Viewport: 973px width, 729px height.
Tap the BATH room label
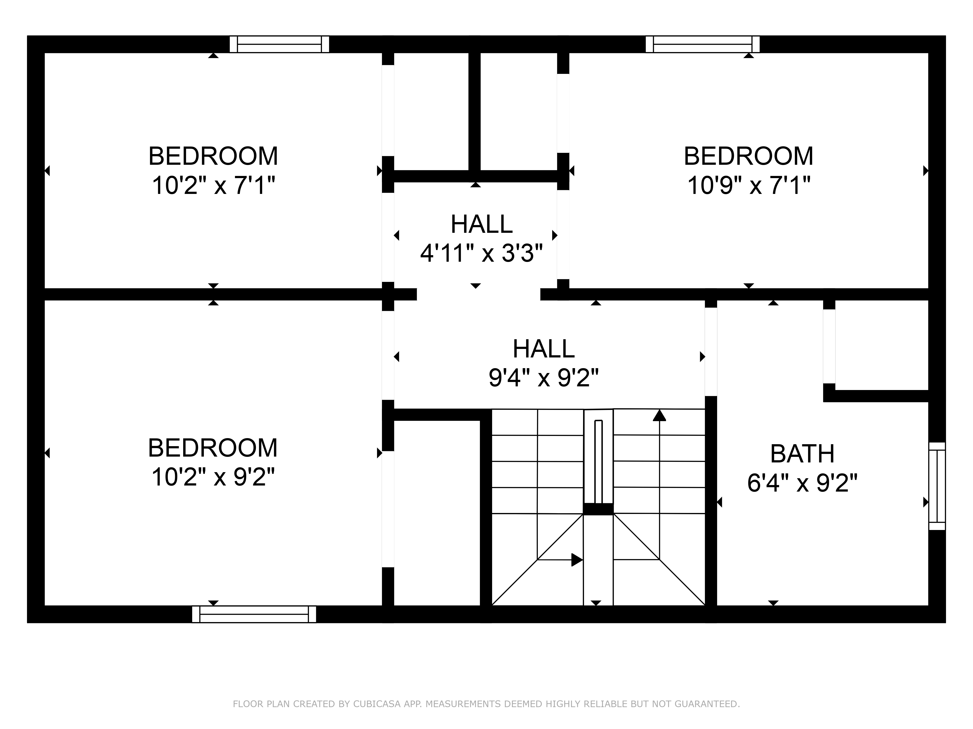(x=802, y=454)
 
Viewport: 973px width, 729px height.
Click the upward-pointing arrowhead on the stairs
(x=659, y=415)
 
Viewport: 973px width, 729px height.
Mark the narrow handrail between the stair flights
(x=598, y=461)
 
